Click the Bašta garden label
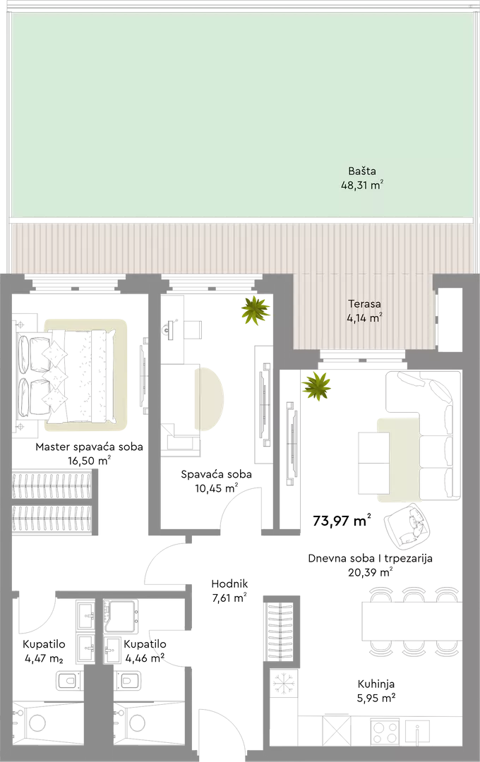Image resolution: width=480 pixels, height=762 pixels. click(x=362, y=178)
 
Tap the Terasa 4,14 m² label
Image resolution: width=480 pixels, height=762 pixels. click(x=364, y=311)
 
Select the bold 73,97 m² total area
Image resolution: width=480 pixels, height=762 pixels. click(x=342, y=521)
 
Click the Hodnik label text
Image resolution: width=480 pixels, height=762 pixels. click(x=229, y=583)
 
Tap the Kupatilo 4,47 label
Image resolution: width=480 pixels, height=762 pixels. click(x=44, y=651)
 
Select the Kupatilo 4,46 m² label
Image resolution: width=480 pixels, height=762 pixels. click(x=145, y=651)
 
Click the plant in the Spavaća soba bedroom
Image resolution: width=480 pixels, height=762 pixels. click(x=256, y=310)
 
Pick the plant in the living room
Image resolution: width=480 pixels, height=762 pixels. click(x=316, y=387)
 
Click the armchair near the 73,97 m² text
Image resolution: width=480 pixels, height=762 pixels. click(x=409, y=525)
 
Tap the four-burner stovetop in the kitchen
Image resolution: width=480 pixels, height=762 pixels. click(x=385, y=730)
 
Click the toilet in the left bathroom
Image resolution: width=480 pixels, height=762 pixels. click(x=68, y=680)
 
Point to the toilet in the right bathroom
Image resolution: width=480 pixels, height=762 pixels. click(x=128, y=680)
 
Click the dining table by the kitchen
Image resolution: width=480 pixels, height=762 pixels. click(x=412, y=621)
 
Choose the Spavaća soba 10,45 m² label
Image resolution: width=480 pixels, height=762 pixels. click(x=217, y=481)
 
